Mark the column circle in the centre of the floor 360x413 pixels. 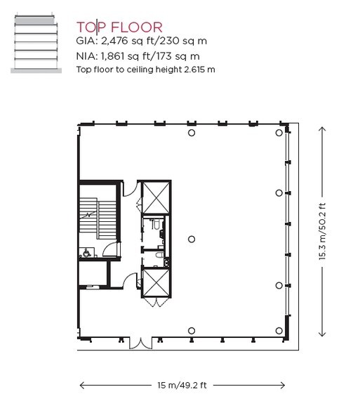tap(192, 239)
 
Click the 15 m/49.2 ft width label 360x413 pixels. tap(182, 385)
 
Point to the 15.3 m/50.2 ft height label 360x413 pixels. tap(322, 232)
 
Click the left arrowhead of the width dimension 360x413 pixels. tap(83, 385)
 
